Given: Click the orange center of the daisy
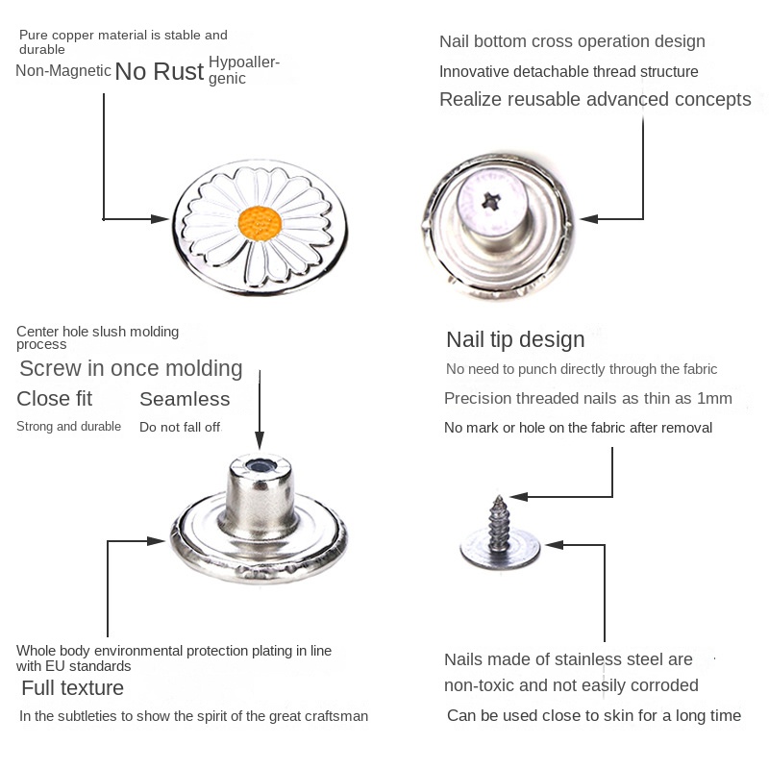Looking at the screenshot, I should click(260, 223).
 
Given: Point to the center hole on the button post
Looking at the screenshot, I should click(260, 466).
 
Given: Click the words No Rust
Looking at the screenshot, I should click(160, 72).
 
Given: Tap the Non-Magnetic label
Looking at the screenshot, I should click(63, 70).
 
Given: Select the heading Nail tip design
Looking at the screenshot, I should click(515, 339).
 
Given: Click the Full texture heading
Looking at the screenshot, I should click(72, 688).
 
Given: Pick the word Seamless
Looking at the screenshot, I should click(185, 399).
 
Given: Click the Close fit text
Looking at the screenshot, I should click(55, 399).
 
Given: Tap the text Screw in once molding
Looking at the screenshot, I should click(131, 368).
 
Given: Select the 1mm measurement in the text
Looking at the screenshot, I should click(714, 398).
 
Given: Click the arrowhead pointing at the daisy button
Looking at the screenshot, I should click(161, 219).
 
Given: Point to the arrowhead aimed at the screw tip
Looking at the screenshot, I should click(517, 497).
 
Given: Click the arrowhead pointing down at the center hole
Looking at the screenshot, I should click(260, 441).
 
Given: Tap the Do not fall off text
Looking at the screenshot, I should click(180, 427).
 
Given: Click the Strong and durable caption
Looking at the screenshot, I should click(68, 426).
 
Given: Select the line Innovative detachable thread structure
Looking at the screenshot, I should click(568, 72).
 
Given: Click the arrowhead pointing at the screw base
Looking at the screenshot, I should click(553, 545).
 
